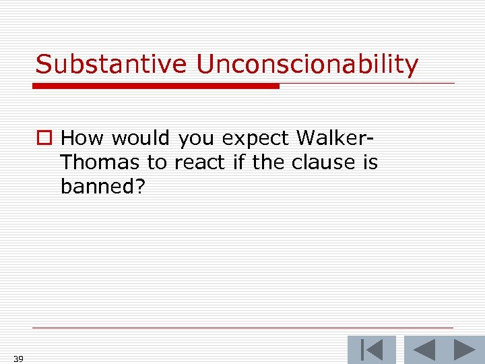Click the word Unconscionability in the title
(307, 65)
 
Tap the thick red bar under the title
(156, 86)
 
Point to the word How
(84, 138)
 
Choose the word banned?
(102, 187)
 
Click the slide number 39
(18, 359)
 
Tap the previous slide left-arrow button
(424, 350)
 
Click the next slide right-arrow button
(464, 350)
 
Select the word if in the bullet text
(236, 162)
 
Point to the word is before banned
(369, 162)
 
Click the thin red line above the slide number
(243, 328)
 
